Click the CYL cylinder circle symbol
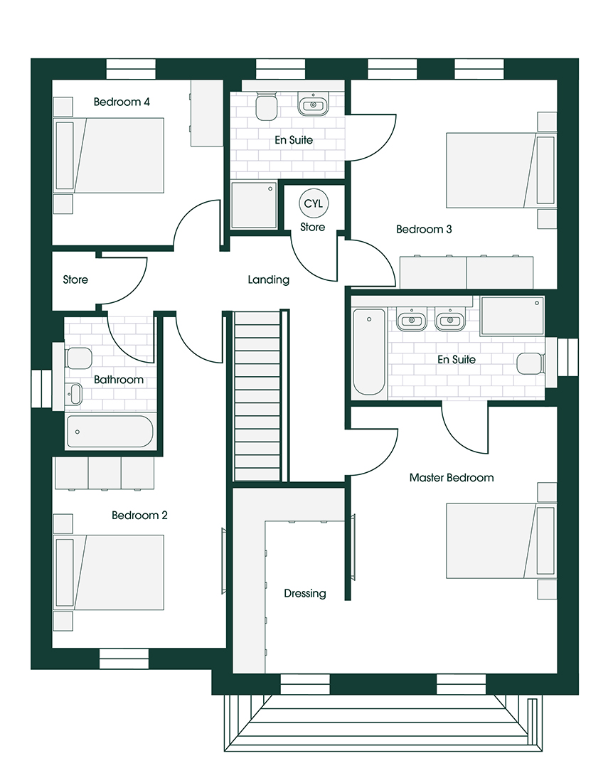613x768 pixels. click(314, 203)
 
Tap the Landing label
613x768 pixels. click(269, 279)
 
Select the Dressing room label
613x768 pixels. click(305, 594)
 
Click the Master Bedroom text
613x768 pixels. click(452, 478)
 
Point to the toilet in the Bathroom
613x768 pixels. click(77, 358)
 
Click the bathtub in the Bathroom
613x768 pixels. click(110, 432)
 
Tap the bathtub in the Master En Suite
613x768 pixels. click(369, 351)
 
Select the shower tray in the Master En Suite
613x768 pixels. click(513, 316)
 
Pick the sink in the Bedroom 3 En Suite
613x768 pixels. click(313, 104)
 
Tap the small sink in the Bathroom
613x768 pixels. click(75, 394)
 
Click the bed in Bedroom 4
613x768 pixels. click(109, 155)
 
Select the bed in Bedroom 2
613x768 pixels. click(109, 572)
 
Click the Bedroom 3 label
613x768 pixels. click(424, 229)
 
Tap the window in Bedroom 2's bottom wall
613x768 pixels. click(124, 658)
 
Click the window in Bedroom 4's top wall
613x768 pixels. click(131, 69)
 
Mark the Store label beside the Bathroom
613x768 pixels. click(75, 279)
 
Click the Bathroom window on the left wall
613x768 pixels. click(41, 389)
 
